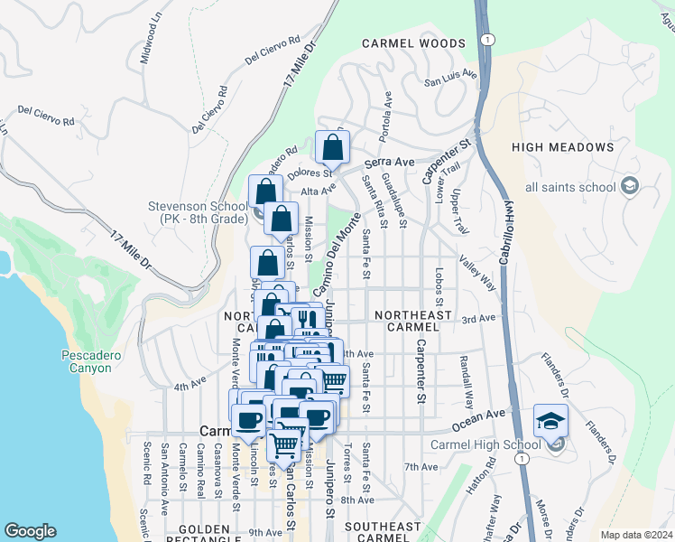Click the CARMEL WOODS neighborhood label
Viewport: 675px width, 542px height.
coord(413,43)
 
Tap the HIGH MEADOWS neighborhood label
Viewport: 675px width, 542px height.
coord(562,147)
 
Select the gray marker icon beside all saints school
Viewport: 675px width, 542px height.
coord(630,187)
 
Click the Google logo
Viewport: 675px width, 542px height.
coord(30,531)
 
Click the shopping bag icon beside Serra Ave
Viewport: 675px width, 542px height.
coord(333,146)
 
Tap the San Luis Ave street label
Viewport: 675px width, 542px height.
coord(451,79)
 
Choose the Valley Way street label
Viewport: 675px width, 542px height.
coord(478,270)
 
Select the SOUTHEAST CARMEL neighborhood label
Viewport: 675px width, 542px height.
coord(383,532)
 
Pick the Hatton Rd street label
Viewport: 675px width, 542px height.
coord(490,476)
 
